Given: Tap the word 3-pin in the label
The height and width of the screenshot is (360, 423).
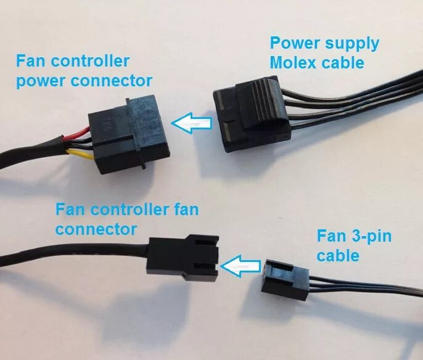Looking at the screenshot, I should click(x=368, y=236).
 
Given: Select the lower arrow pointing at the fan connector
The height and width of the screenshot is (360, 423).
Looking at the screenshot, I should click(x=240, y=267).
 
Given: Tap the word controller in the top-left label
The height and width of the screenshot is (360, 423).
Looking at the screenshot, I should click(x=91, y=62).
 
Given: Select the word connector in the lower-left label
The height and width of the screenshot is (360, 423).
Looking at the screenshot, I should click(x=96, y=229).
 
